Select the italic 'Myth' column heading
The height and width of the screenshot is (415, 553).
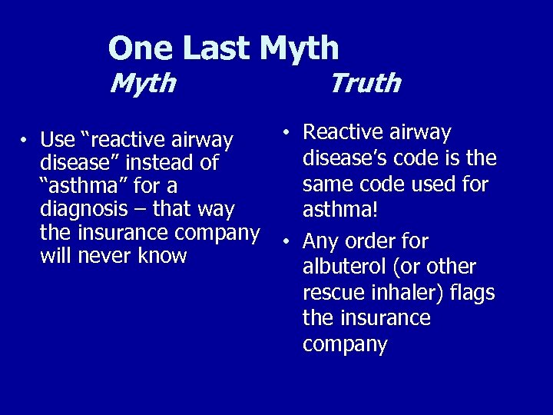click(143, 82)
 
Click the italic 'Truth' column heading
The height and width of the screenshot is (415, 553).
click(365, 82)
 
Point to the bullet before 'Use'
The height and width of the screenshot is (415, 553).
click(25, 141)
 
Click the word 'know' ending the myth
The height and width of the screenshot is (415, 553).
click(162, 255)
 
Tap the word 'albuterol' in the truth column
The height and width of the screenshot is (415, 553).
click(345, 267)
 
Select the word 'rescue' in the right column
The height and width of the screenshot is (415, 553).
click(331, 293)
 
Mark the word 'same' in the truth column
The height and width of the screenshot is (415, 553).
click(328, 185)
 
